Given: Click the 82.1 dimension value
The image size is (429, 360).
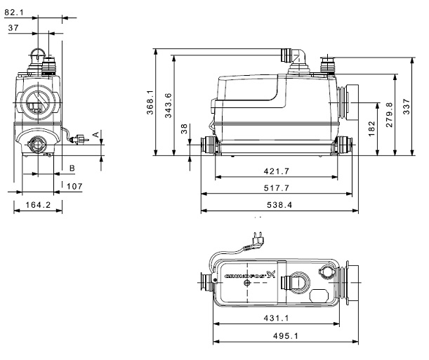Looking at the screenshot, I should point(15,11).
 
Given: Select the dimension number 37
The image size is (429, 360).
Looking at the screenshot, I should point(13,27).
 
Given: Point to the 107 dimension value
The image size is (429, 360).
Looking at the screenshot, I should point(75,186).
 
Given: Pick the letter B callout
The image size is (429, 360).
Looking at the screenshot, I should point(72,168).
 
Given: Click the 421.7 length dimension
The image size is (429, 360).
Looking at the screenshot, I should point(276,172).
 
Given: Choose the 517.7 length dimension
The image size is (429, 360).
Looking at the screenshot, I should point(276,189).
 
